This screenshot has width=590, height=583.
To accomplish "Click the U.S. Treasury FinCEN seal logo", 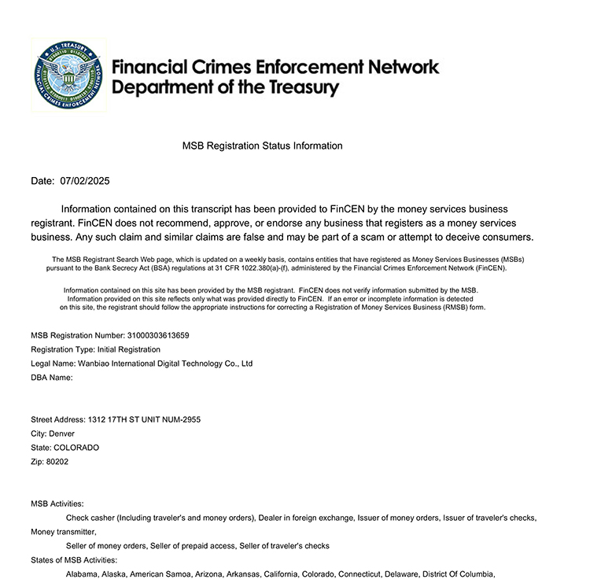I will pos(68,76).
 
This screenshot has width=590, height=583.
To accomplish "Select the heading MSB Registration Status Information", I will pos(262,146).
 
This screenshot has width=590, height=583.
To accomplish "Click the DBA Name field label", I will pos(51,378).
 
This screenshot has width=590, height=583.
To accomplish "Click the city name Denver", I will pos(62,434).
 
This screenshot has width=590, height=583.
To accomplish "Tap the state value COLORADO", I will pos(76,448).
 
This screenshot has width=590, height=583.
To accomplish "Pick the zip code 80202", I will pos(57,462).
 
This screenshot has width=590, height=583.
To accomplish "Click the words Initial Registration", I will pos(129,349).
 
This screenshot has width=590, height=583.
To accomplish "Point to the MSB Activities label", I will pos(57,504).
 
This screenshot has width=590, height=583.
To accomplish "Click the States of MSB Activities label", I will pos(74,560).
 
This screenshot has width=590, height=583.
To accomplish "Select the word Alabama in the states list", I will pos(82,574).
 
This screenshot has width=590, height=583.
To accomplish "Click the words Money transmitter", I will pos(63,532).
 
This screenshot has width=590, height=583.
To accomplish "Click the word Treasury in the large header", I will pos(295,87).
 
